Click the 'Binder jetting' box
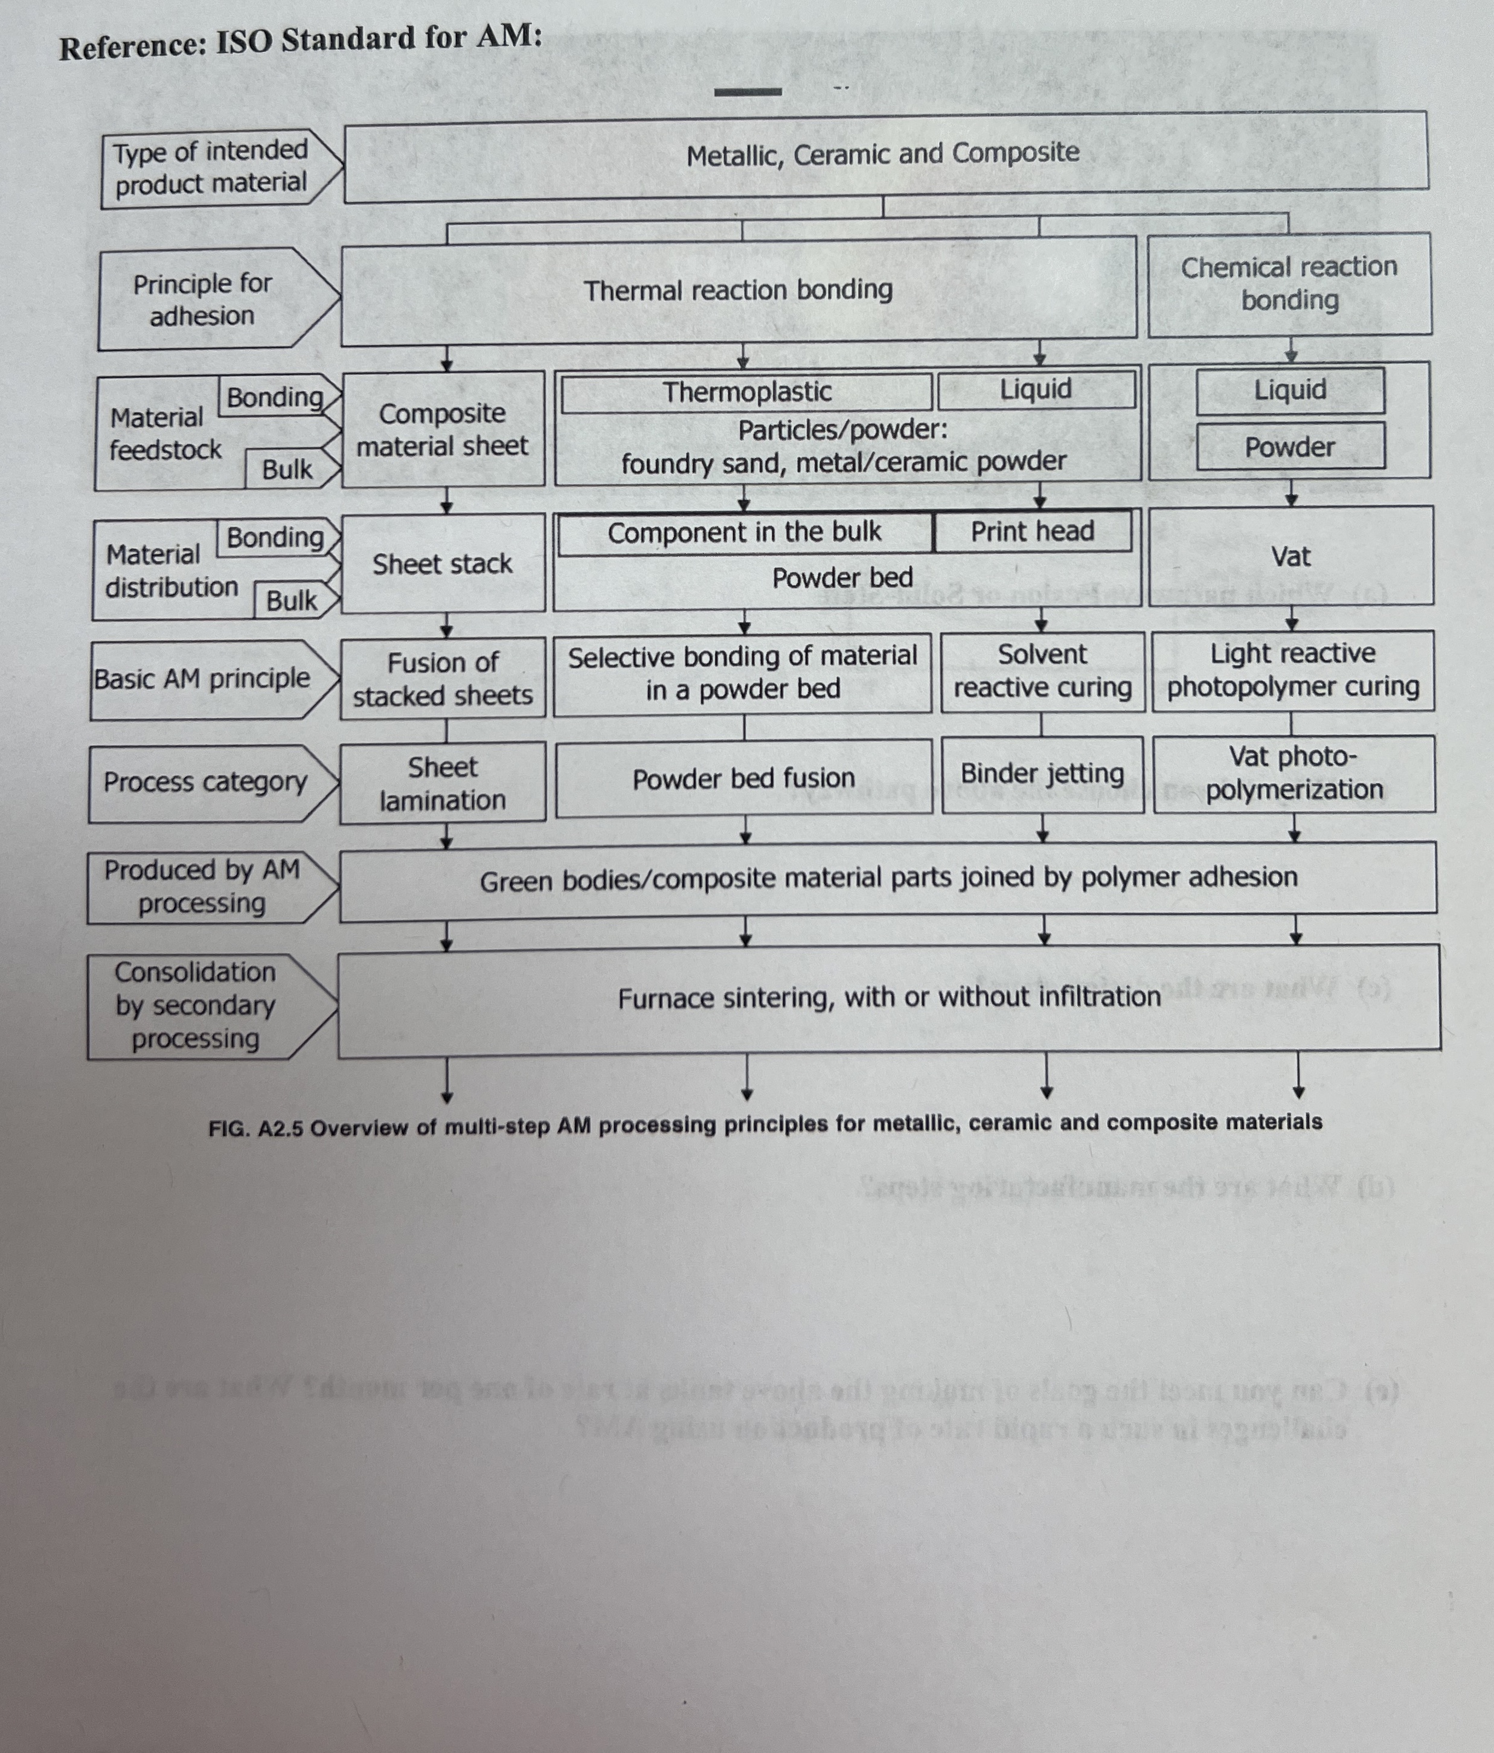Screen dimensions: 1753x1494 tap(1042, 774)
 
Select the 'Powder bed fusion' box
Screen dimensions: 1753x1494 tap(743, 778)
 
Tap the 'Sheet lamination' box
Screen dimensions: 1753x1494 tap(443, 783)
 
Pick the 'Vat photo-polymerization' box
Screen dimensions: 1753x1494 tap(1294, 774)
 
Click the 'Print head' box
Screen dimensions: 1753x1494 tap(1032, 531)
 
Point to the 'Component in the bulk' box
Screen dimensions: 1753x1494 tap(745, 533)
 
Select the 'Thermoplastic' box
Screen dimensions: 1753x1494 tap(746, 393)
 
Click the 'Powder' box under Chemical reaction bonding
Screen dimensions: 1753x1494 tap(1290, 447)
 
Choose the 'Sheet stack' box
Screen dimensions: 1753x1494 tap(443, 563)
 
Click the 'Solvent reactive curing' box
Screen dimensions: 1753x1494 tap(1042, 671)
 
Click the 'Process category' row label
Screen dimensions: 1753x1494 tap(205, 783)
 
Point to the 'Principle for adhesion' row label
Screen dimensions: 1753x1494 tap(203, 300)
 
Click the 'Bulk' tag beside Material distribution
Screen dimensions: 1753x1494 tap(292, 601)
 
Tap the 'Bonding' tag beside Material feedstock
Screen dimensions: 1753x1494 tap(275, 397)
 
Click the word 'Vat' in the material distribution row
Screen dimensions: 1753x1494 tap(1290, 557)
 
